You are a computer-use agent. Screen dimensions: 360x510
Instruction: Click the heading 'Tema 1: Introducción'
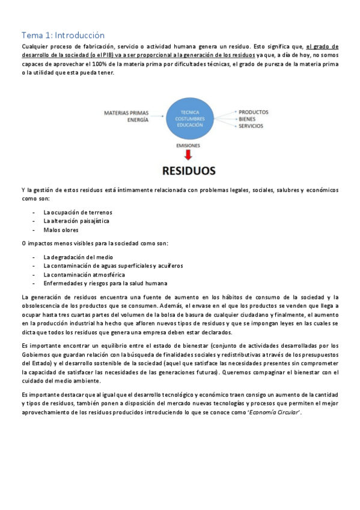coord(63,35)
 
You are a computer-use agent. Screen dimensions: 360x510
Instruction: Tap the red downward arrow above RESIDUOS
coord(189,155)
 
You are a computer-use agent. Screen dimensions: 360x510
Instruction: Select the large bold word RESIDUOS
coord(189,171)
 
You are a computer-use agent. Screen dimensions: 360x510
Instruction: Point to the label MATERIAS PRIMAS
coord(126,112)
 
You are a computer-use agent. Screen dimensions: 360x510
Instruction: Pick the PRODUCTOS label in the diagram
coord(253,112)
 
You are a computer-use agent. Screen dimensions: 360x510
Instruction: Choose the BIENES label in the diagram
coord(247,119)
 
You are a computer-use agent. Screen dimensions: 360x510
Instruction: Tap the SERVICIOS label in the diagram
coord(251,126)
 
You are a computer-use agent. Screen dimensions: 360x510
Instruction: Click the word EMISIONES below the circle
coord(188,146)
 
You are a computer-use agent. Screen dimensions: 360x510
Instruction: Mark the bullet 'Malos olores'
coord(61,230)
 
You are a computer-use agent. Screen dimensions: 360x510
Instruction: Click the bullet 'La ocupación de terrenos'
coord(78,212)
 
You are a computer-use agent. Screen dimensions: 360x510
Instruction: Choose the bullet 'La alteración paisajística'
coord(76,221)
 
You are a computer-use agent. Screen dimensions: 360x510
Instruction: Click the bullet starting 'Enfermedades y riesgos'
coord(105,283)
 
